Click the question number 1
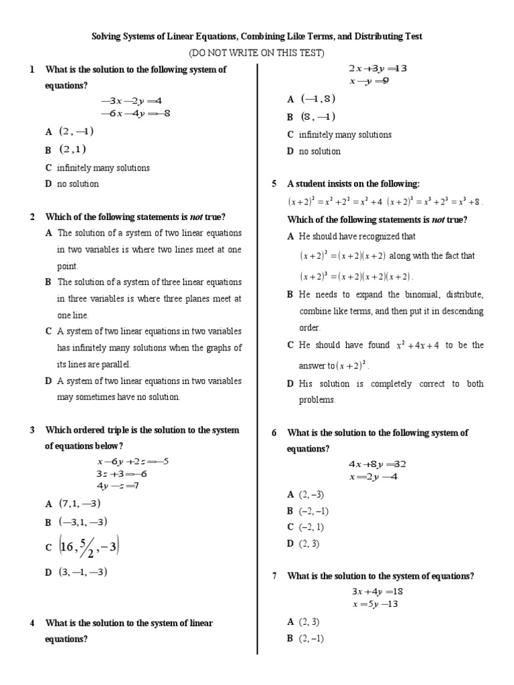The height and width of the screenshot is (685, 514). (31, 70)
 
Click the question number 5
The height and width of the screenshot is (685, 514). (274, 183)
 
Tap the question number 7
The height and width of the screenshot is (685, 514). (274, 576)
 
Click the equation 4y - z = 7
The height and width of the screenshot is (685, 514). (117, 485)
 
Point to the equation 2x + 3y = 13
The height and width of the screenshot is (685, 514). (377, 68)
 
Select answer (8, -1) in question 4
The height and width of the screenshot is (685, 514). (318, 116)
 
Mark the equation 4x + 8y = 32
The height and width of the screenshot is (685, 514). (377, 464)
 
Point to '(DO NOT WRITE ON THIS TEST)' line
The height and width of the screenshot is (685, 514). (256, 53)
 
